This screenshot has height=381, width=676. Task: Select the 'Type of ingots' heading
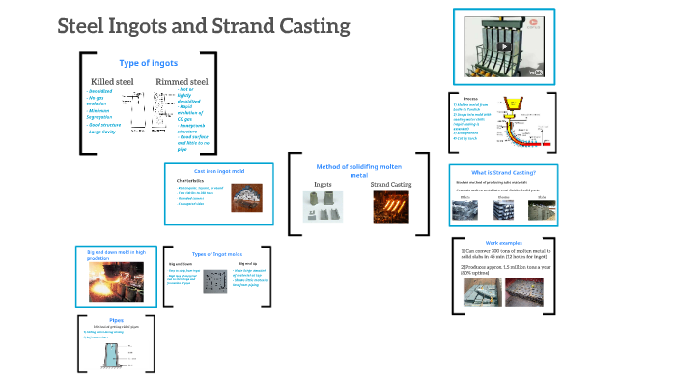click(148, 63)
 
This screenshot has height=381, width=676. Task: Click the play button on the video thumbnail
click(504, 46)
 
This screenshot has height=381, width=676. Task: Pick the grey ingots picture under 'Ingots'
click(324, 207)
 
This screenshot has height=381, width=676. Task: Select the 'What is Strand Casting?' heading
click(502, 172)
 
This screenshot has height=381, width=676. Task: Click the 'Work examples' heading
click(502, 242)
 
